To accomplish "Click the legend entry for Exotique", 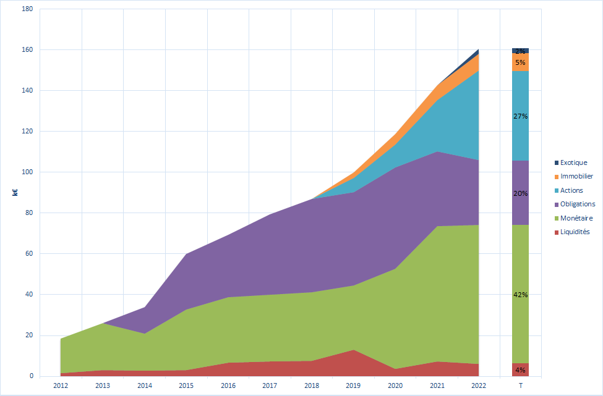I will (574, 162).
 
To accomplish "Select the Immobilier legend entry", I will (576, 176).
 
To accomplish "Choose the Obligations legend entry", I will (578, 204).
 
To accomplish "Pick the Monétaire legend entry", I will (576, 218).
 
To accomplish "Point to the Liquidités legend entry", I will (575, 232).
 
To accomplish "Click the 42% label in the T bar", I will (520, 295).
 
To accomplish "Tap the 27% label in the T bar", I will (520, 116).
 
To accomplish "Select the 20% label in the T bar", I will (520, 193).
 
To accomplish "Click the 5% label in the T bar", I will (520, 62).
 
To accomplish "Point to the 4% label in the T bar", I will (520, 370).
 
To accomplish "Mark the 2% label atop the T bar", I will (520, 51).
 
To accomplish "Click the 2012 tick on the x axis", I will (61, 385).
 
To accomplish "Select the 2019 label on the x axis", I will (353, 385).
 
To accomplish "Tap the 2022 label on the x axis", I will (479, 385).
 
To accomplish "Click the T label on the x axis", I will (520, 385).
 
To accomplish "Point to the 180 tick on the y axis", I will (28, 9).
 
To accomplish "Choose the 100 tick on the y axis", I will (28, 172).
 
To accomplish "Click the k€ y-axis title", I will (15, 192).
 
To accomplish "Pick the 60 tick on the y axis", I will (30, 254).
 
